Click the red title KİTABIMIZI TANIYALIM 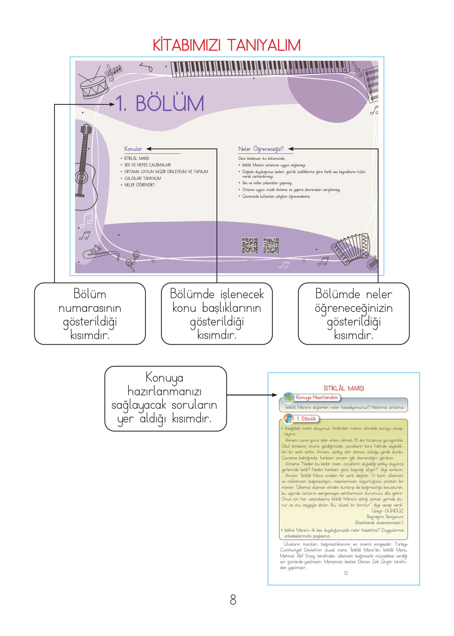tap(227, 45)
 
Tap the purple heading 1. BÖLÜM tap(160, 103)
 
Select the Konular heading tap(133, 149)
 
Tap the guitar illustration tap(85, 168)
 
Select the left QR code tap(249, 246)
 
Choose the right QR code tap(271, 246)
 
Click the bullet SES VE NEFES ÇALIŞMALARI tap(147, 165)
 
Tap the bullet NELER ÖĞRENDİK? tap(139, 185)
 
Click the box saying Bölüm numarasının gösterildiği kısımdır tap(90, 314)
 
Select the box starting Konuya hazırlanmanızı tap(165, 399)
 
